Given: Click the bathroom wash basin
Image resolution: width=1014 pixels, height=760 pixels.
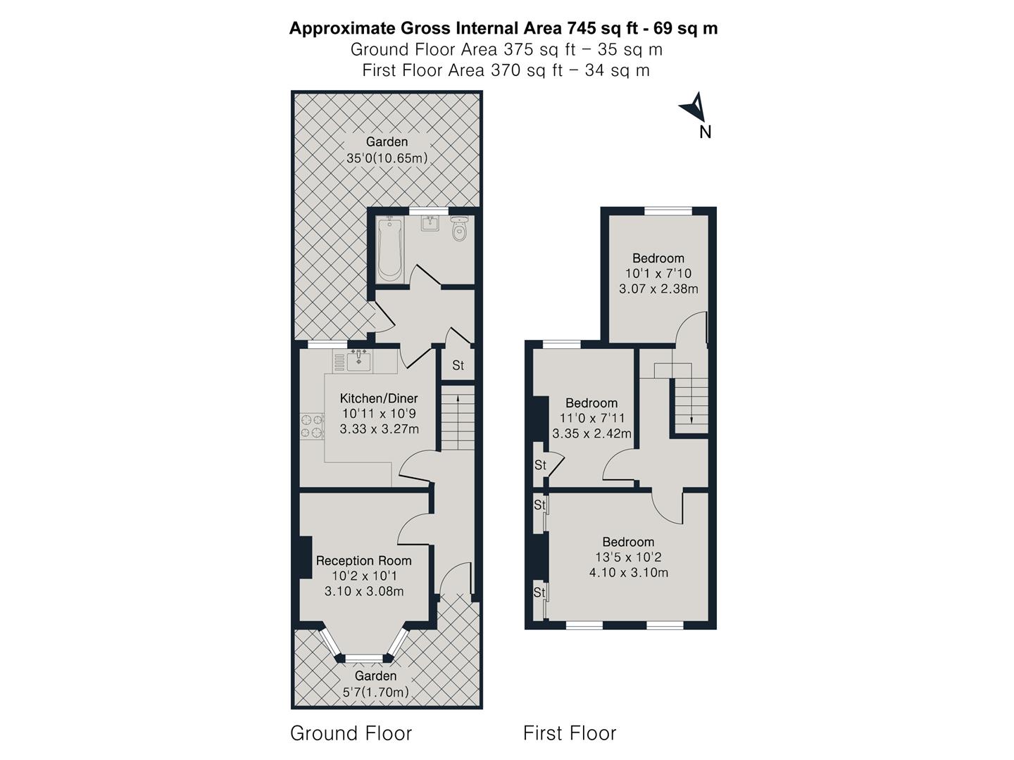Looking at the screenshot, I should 430,223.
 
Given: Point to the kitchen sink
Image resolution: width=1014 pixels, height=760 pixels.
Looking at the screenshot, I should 359,360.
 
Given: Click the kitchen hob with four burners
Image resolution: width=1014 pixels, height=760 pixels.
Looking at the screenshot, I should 312,426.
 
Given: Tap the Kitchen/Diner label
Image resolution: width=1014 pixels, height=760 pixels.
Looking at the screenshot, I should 379,398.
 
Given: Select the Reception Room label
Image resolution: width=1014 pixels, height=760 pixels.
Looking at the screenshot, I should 363,561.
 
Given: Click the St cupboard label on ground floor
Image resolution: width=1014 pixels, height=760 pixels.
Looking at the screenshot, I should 458,365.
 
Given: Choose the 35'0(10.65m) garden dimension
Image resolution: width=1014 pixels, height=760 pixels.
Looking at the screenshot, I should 387,158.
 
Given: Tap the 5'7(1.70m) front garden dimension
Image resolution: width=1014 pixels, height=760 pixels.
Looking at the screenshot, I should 375,692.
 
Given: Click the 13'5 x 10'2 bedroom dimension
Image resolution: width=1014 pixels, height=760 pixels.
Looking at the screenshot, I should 627,557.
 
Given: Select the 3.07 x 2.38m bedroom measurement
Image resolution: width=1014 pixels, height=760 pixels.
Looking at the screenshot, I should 658,289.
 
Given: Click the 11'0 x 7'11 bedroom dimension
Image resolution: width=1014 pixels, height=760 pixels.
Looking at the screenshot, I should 591,418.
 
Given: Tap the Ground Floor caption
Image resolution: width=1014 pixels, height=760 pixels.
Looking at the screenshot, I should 351,733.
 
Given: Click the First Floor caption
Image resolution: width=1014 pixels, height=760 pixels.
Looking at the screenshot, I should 569,733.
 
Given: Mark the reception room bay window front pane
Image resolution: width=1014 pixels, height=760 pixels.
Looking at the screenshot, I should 365,659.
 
